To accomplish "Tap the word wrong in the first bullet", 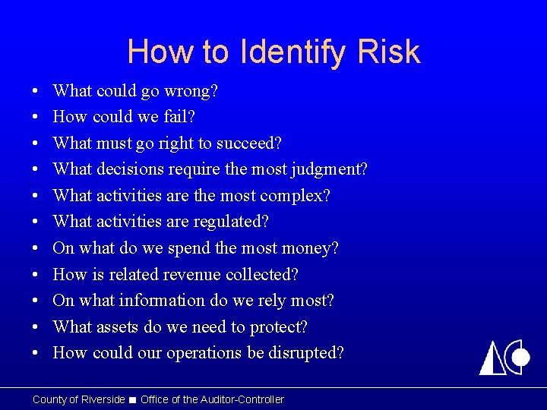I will click(x=192, y=91).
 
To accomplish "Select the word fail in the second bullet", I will click(x=177, y=117).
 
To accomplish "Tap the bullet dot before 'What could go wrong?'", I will click(x=36, y=92).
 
